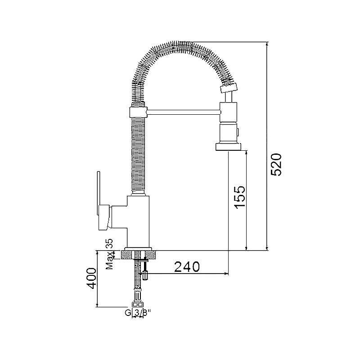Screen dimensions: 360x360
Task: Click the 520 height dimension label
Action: click(276, 164)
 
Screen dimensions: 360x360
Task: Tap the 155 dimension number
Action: click(240, 197)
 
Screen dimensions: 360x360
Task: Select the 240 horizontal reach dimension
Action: click(187, 266)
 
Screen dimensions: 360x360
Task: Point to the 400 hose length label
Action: click(92, 278)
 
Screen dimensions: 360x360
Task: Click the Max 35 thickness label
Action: click(109, 254)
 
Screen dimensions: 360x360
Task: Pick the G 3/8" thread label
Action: click(138, 312)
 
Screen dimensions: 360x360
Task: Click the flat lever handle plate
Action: click(99, 193)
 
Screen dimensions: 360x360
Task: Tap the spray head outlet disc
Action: click(229, 147)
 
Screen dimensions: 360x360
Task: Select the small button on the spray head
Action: click(238, 132)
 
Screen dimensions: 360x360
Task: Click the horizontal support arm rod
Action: click(183, 112)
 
